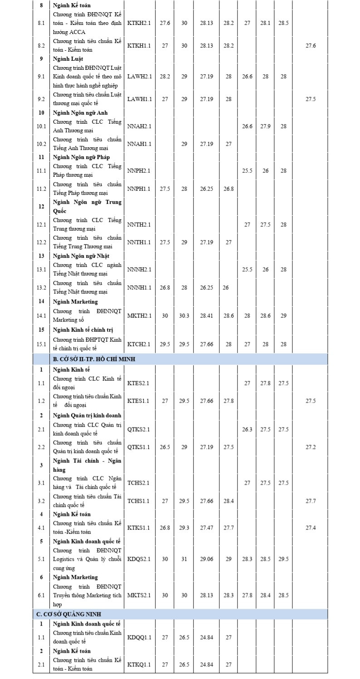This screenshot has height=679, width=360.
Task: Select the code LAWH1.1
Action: click(139, 99)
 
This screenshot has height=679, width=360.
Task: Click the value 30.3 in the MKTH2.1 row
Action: click(184, 315)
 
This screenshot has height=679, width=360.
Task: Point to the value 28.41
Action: click(206, 315)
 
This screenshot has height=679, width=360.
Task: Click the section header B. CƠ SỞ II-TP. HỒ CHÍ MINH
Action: click(94, 359)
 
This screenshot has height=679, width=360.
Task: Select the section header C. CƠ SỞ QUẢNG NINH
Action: click(68, 614)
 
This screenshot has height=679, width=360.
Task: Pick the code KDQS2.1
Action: click(139, 559)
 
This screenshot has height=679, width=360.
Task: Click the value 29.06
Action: click(206, 559)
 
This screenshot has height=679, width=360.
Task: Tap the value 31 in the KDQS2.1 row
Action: click(184, 559)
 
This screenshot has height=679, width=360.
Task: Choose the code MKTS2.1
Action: click(139, 595)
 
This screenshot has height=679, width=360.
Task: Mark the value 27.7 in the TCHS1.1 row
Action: click(311, 501)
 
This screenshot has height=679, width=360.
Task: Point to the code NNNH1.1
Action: click(139, 287)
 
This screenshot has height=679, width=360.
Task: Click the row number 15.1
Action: click(41, 344)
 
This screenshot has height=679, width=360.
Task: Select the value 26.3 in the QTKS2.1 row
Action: click(247, 429)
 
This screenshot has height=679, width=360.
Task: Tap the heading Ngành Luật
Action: click(68, 58)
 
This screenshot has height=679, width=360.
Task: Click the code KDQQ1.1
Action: click(139, 637)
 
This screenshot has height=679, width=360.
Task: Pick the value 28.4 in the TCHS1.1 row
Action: click(229, 501)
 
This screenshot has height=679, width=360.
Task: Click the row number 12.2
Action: click(41, 242)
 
